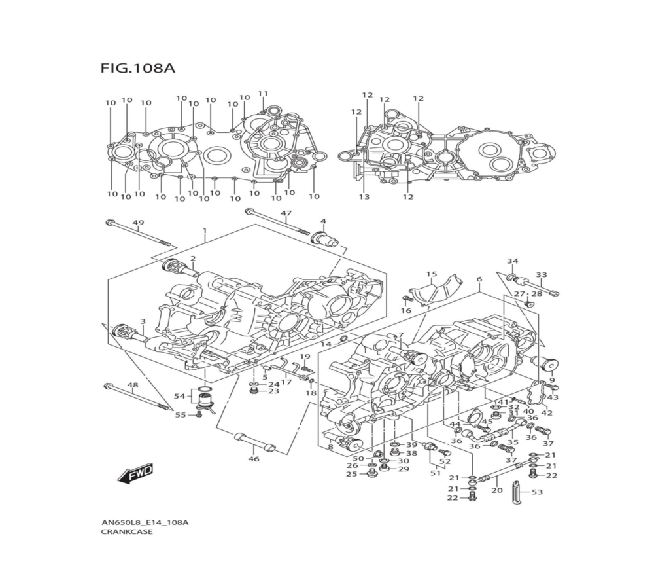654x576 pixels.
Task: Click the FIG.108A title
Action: coord(138,68)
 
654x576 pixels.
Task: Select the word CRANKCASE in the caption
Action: coord(127,532)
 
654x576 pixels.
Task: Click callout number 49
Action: coord(138,223)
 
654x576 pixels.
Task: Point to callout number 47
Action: coord(286,213)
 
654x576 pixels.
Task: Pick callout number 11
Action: coord(263,93)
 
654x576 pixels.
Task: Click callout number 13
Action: coord(364,196)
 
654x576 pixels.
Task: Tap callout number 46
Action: coord(254,459)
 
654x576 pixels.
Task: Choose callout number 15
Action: coord(432,274)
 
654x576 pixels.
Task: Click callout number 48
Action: coord(133,385)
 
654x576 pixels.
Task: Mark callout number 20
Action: coord(497,490)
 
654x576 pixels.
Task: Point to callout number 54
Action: coord(179,397)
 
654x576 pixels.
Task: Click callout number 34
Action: coord(513,261)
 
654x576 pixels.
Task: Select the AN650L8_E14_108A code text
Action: coord(145,522)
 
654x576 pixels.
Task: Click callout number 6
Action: coord(479,279)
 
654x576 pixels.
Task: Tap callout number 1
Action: coord(204,231)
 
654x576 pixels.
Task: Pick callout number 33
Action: coord(542,275)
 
